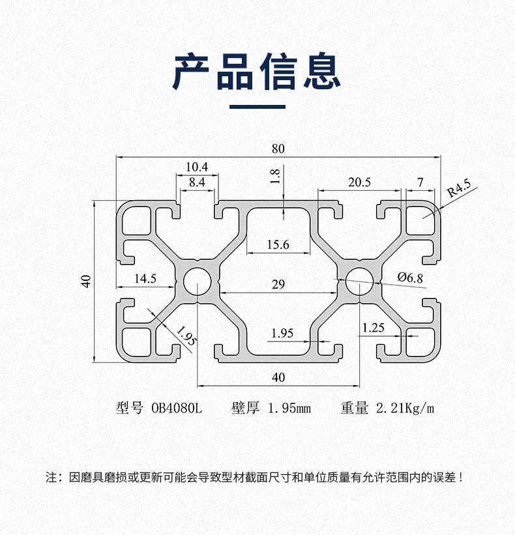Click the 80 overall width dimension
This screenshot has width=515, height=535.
[x=278, y=149]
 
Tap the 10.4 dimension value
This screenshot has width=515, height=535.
[x=196, y=167]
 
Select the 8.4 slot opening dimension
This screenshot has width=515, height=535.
[x=196, y=183]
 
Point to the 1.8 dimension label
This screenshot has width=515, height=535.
[x=274, y=176]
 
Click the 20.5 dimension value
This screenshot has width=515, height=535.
[x=359, y=183]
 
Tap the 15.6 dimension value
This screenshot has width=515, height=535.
[x=278, y=245]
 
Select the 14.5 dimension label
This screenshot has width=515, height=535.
[x=145, y=278]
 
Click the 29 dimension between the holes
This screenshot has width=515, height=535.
[x=278, y=284]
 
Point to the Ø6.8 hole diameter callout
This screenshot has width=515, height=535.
[x=410, y=278]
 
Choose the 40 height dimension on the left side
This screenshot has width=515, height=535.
[x=85, y=282]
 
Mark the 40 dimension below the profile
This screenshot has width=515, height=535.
[x=278, y=377]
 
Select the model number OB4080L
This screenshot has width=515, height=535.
[x=177, y=409]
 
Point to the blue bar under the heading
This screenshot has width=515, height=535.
[x=257, y=106]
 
